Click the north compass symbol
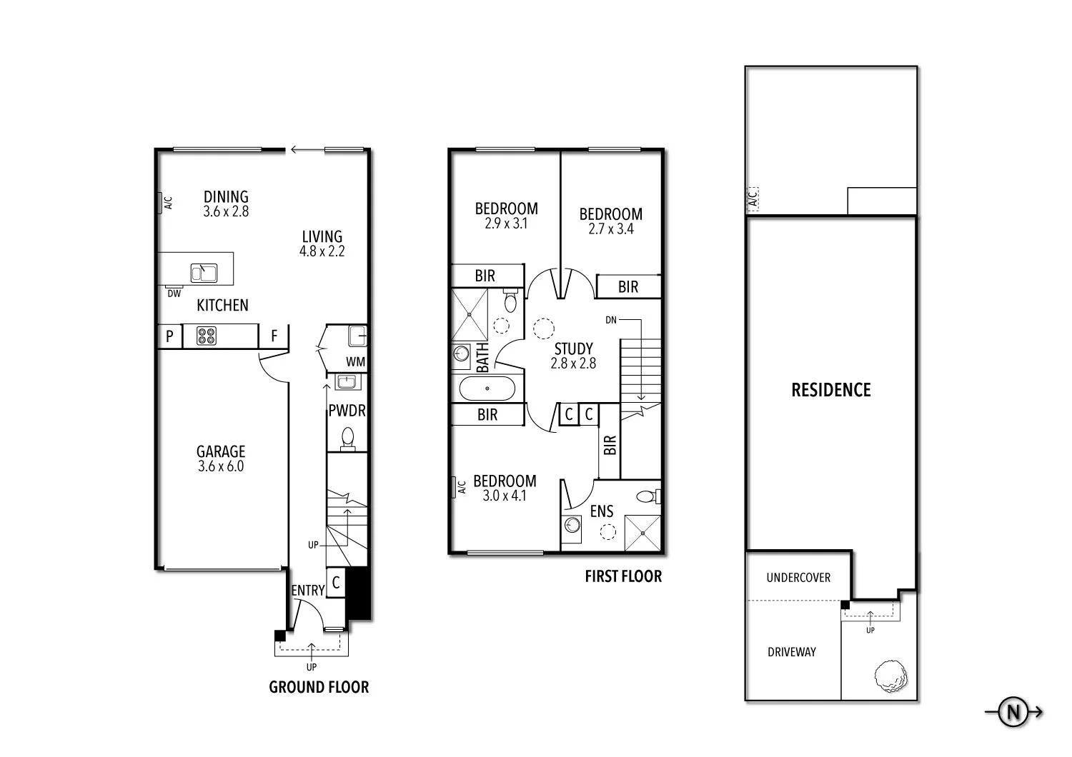(x=1013, y=712)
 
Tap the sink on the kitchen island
(x=204, y=273)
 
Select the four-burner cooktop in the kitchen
(x=207, y=336)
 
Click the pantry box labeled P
(x=169, y=336)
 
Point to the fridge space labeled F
(x=274, y=336)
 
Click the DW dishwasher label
(x=174, y=294)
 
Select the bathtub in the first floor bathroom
(x=487, y=389)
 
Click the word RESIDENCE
(x=830, y=390)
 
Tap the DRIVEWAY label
(x=792, y=652)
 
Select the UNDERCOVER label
(x=798, y=578)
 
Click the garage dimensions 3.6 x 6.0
(x=221, y=467)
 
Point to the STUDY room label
(x=573, y=349)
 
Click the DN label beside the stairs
(x=610, y=320)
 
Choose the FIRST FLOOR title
(x=623, y=576)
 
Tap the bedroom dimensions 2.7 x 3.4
(x=610, y=229)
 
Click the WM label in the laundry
(x=355, y=362)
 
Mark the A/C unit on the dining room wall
(x=164, y=204)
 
